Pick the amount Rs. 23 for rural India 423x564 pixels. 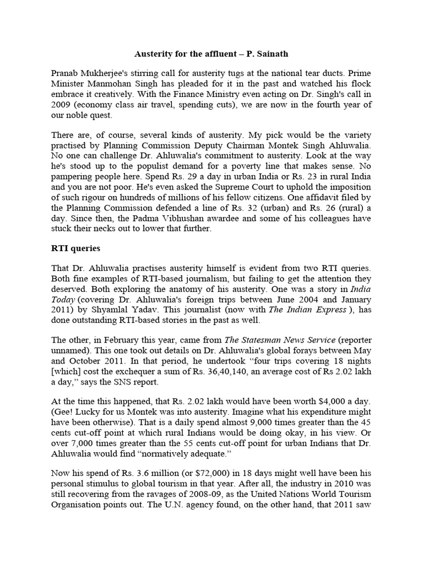click(x=307, y=180)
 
